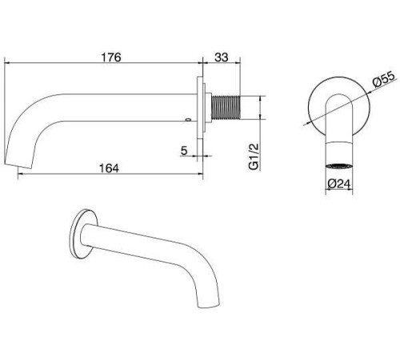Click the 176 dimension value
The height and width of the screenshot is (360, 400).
tap(111, 58)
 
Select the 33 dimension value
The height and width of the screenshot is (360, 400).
tap(222, 58)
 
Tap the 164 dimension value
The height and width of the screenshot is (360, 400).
tap(109, 168)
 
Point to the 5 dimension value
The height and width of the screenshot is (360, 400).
tap(184, 150)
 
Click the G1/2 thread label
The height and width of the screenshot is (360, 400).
tap(254, 156)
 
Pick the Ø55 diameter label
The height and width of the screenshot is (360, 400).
tap(384, 79)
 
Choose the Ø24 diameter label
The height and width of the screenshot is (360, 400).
tap(338, 184)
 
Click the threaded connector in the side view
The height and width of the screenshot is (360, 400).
tap(226, 107)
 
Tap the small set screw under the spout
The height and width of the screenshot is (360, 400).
tap(188, 119)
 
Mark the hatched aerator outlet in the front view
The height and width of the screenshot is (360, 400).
tap(339, 166)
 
